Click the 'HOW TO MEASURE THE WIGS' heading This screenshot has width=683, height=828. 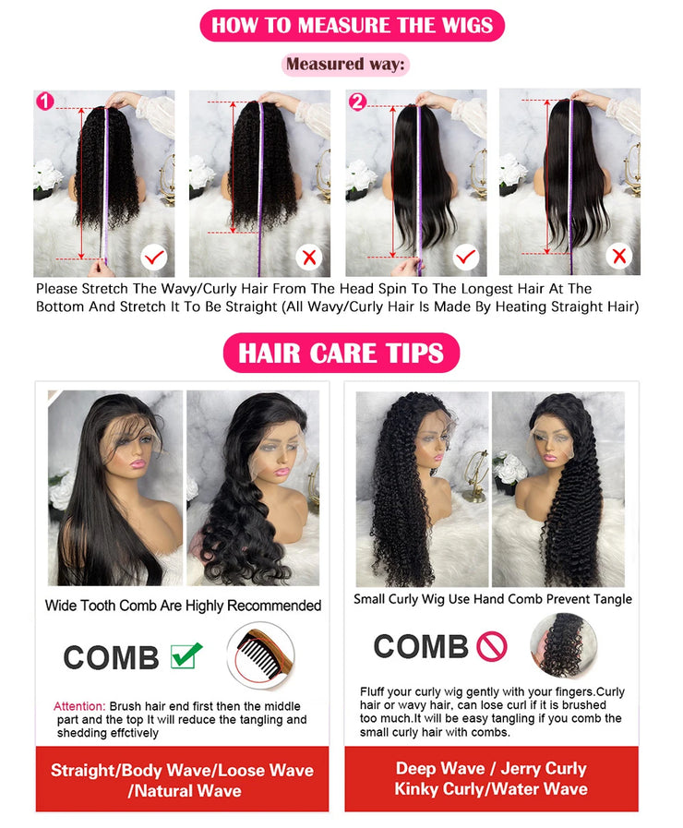[x=352, y=24]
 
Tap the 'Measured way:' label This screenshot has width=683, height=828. [x=344, y=64]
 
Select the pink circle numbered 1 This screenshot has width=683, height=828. [x=43, y=101]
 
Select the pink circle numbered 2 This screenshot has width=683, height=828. [x=357, y=101]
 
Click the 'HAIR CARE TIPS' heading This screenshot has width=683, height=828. [x=341, y=353]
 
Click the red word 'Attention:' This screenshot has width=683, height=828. [x=79, y=706]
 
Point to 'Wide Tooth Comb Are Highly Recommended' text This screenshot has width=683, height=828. [x=183, y=606]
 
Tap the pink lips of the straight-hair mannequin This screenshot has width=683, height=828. [x=136, y=465]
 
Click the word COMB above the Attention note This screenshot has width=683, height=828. [x=111, y=657]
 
